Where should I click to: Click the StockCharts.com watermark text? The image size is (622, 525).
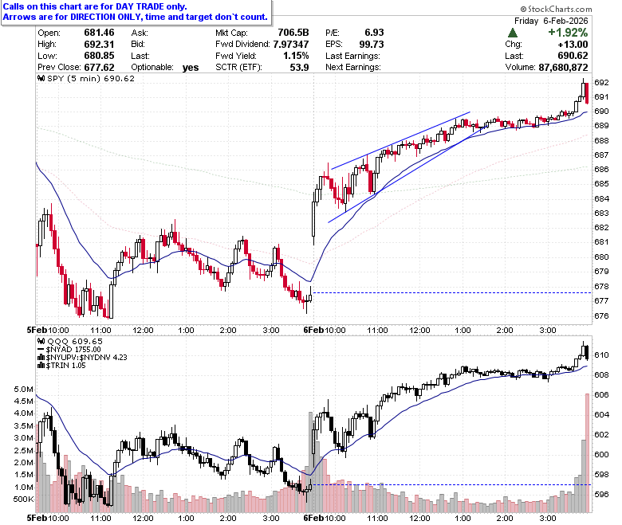pos(556,9)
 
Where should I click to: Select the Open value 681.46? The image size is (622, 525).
pos(99,33)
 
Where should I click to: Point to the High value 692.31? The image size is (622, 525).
pos(99,45)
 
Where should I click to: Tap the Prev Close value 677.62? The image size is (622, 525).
pos(99,68)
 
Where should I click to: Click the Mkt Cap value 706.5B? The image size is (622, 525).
pos(293,33)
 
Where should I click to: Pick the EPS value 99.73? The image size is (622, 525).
pos(372,45)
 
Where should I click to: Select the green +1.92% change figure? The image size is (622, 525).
pos(568,33)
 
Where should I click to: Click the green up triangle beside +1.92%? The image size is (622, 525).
pos(513,33)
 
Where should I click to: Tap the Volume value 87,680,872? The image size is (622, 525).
pos(563,68)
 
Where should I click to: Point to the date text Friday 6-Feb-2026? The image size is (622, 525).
pos(551,21)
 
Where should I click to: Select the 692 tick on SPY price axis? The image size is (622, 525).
pos(601,82)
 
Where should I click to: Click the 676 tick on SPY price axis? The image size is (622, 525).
pos(601,315)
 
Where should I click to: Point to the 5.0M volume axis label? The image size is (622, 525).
pos(23,389)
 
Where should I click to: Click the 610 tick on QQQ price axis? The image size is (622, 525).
pos(601,355)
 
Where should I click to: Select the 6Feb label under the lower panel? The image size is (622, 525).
pos(313,518)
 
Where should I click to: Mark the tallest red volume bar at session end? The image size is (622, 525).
pos(587,453)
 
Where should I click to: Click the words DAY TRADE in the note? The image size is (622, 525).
pos(140,6)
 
